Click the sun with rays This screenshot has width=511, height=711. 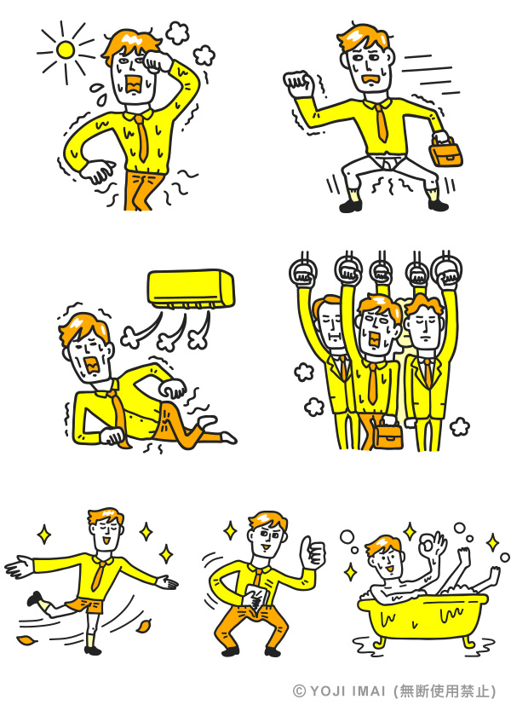pyautogui.click(x=66, y=50)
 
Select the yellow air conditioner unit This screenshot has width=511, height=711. pyautogui.click(x=192, y=289)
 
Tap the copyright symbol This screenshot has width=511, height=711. pyautogui.click(x=300, y=691)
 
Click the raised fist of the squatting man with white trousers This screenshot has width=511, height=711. pyautogui.click(x=299, y=84)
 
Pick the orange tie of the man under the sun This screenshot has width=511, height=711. pyautogui.click(x=142, y=136)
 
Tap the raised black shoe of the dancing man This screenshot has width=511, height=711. pyautogui.click(x=33, y=598)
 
